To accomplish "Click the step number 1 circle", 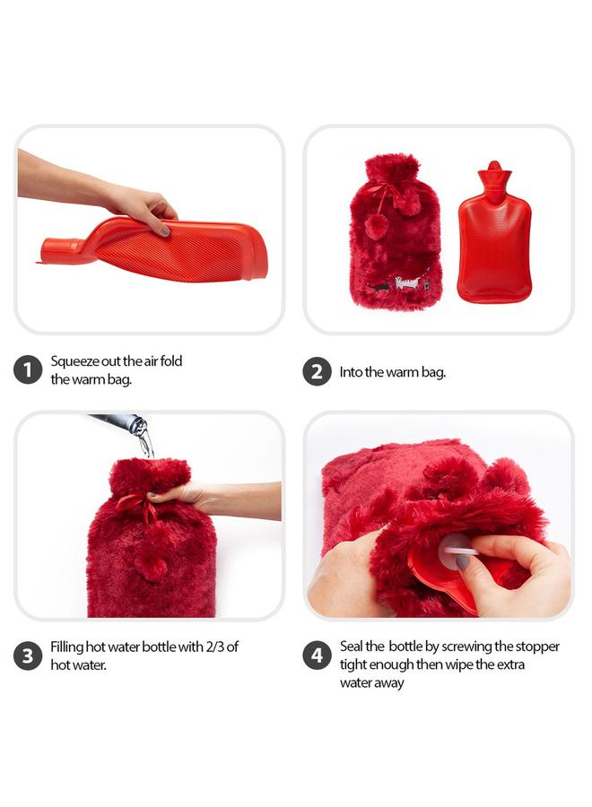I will tap(28, 369).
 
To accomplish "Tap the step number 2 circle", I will tap(317, 370).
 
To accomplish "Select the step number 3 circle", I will tap(28, 655).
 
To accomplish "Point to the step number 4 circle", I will tap(317, 655).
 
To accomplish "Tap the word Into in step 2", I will tap(351, 371).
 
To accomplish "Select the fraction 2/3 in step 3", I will tap(215, 646).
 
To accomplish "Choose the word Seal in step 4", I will tap(352, 646).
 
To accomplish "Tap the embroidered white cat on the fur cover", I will tap(407, 283).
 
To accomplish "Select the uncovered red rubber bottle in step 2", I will tap(494, 238).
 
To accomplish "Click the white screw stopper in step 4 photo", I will tap(455, 549).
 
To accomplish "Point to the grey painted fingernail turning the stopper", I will tap(463, 562).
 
